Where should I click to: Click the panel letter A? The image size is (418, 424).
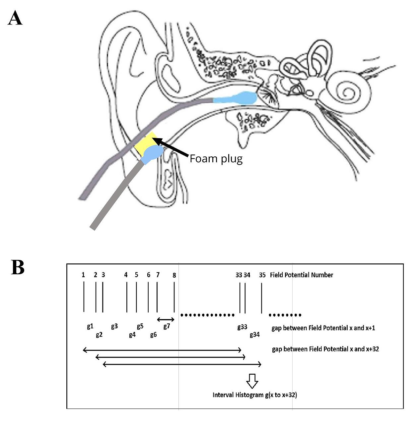[15, 18]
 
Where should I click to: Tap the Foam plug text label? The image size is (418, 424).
[216, 159]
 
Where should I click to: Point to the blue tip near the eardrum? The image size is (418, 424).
[236, 98]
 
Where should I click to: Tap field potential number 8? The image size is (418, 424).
[174, 275]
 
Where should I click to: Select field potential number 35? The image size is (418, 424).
[262, 275]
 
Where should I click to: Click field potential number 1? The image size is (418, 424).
[83, 275]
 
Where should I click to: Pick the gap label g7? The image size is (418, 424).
[167, 326]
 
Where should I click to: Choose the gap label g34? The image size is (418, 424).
[255, 335]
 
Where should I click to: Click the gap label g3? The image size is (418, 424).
[114, 326]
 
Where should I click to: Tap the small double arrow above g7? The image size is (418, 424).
[166, 319]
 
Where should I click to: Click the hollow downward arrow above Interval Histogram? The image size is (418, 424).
[252, 381]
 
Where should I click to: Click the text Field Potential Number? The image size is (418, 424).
[301, 275]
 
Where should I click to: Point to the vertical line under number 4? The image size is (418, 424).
[127, 297]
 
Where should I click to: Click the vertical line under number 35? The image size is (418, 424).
[261, 298]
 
